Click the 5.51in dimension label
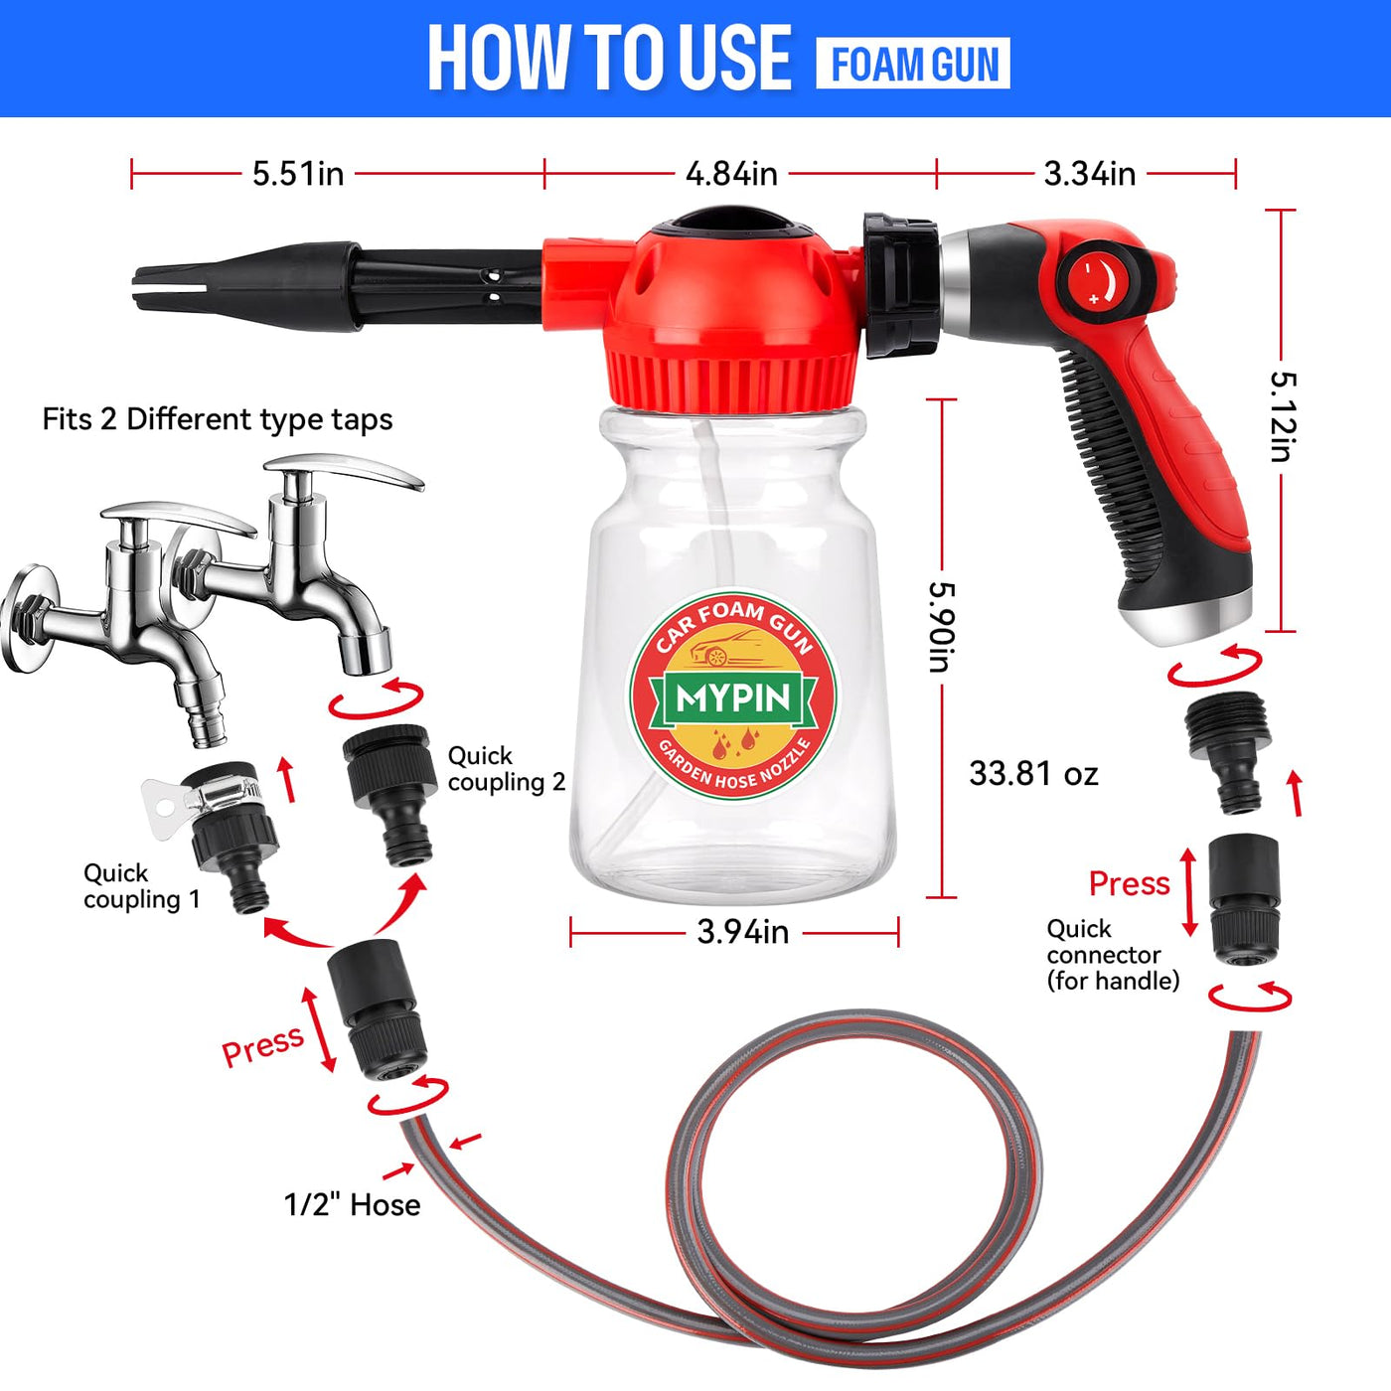pyautogui.click(x=298, y=174)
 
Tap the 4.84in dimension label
pyautogui.click(x=731, y=174)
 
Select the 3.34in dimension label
pyautogui.click(x=1089, y=174)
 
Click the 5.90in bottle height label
pyautogui.click(x=941, y=627)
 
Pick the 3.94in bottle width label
pyautogui.click(x=743, y=932)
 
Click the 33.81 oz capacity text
pyautogui.click(x=1033, y=774)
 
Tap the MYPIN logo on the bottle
pyautogui.click(x=732, y=695)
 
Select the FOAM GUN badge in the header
pyautogui.click(x=913, y=65)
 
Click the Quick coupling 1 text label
pyautogui.click(x=141, y=885)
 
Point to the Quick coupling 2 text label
pyautogui.click(x=506, y=769)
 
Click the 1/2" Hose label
pyautogui.click(x=353, y=1205)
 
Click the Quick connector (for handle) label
pyautogui.click(x=1113, y=954)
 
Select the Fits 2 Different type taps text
pyautogui.click(x=218, y=419)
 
